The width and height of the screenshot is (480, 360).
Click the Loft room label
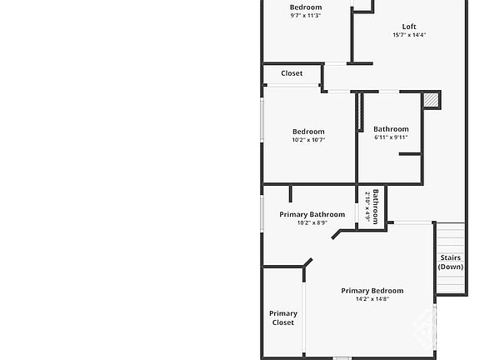coord(409,27)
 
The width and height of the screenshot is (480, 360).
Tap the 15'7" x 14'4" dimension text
coord(409,35)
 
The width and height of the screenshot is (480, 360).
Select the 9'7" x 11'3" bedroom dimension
coord(306,15)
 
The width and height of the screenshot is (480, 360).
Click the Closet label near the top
coord(292,73)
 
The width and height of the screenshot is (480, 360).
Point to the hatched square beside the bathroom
coord(431,100)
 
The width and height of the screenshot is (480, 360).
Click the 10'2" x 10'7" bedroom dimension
coord(308,140)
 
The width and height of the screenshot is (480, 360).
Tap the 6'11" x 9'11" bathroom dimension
coord(391,137)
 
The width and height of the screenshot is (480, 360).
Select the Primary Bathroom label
coord(312,214)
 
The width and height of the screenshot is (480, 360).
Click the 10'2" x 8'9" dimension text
coord(312,222)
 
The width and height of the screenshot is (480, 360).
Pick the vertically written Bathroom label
coord(376,207)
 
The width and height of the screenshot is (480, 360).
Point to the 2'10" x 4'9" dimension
coord(367,207)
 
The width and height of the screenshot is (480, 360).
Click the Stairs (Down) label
coord(451,262)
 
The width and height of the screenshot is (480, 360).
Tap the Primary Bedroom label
coord(372,291)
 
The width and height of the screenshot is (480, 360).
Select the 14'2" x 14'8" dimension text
coord(372,299)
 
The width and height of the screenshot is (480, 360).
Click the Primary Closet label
coord(283,317)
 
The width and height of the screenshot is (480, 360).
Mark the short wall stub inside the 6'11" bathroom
coord(410,154)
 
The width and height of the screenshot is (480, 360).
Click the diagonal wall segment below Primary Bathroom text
coord(336,234)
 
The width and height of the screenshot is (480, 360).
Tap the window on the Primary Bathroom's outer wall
coord(262,213)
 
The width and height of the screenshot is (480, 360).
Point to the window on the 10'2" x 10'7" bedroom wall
coord(262,120)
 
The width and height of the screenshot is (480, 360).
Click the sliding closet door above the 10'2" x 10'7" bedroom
coord(293,85)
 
